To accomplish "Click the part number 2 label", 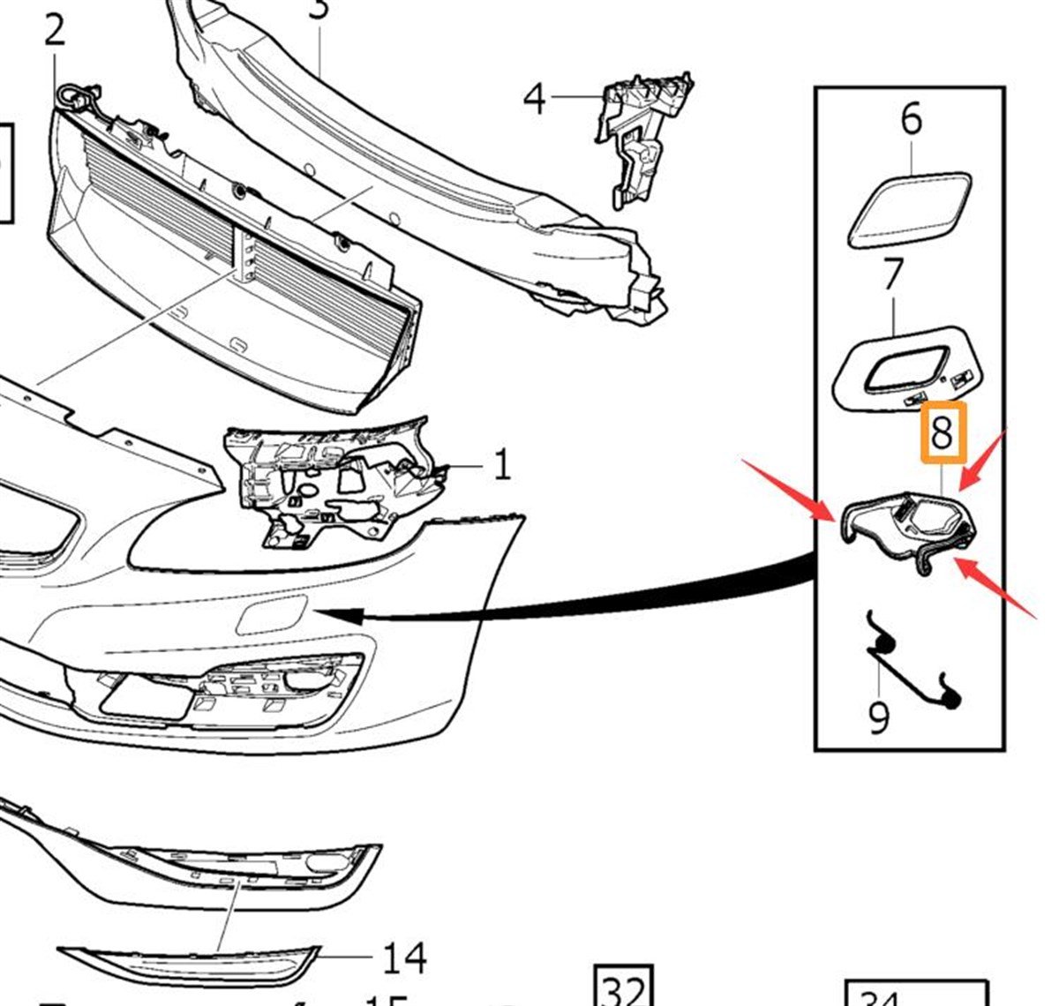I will (x=54, y=31).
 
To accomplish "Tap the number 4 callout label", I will (x=535, y=99).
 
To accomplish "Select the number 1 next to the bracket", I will (x=501, y=464).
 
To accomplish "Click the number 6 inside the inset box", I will (x=911, y=118).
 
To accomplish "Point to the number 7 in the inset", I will (x=893, y=275).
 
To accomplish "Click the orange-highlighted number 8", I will (x=943, y=433).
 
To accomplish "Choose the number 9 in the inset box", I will (x=879, y=717).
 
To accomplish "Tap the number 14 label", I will (x=405, y=957).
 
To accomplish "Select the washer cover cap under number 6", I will (x=909, y=211).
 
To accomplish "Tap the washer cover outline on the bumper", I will (x=272, y=614).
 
